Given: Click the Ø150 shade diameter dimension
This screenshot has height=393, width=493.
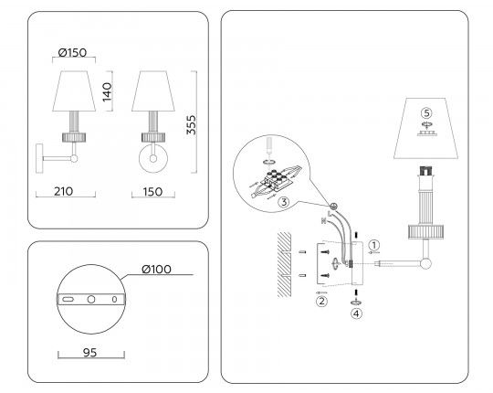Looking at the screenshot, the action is (x=73, y=52).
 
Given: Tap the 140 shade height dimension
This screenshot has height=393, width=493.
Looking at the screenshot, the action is (x=107, y=92).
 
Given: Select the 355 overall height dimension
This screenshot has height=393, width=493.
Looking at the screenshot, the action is (x=191, y=125).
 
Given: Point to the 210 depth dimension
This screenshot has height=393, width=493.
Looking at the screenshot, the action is (x=64, y=191).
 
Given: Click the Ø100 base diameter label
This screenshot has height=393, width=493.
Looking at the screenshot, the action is (x=156, y=270).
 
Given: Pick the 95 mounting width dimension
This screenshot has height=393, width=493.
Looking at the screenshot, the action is (x=89, y=353).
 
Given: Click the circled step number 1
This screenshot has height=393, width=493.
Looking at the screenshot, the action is (x=373, y=245).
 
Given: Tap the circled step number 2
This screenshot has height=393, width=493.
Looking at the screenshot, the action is (x=321, y=301).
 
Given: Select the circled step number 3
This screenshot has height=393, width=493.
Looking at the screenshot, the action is (x=284, y=202).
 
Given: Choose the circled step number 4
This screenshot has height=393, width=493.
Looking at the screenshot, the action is (x=356, y=313).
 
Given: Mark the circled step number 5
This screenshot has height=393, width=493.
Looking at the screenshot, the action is (x=426, y=112).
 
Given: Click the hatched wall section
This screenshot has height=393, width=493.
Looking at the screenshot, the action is (x=284, y=264).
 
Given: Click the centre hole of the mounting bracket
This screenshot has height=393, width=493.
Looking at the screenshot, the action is (x=91, y=299).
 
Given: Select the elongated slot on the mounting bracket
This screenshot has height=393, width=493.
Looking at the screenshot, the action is (x=68, y=299).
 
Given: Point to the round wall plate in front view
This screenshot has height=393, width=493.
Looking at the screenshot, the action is (x=153, y=158).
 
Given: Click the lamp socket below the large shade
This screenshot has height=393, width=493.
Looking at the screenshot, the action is (x=425, y=172).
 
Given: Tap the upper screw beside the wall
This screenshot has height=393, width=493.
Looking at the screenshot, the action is (x=324, y=251).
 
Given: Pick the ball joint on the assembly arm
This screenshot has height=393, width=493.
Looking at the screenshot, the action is (x=425, y=264).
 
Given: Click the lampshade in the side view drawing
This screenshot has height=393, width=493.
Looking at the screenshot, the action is (x=74, y=90).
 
